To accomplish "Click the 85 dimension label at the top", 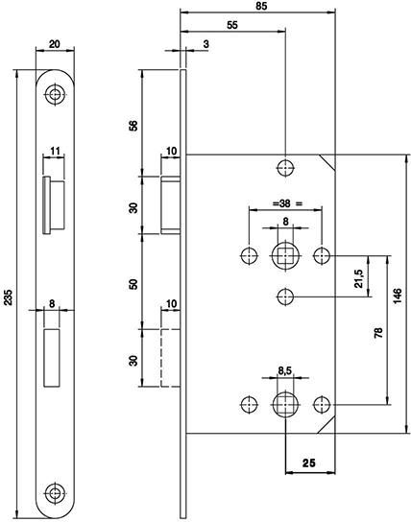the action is (262, 6).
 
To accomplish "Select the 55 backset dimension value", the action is (232, 25).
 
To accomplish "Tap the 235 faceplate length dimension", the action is (8, 297).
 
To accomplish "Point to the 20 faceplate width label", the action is (55, 43).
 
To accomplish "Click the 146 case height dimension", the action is (398, 296).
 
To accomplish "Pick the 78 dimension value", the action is (378, 333).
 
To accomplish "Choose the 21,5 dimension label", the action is (358, 278).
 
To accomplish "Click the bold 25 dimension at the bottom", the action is (308, 463).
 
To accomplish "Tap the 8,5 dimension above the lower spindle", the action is (285, 370).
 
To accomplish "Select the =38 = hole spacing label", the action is (287, 203).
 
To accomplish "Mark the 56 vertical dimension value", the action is (133, 126).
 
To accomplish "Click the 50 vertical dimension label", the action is (133, 284).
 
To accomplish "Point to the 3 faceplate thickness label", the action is (206, 43).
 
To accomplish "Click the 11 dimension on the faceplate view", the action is (55, 152).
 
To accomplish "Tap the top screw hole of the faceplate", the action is (55, 95).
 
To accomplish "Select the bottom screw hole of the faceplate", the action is (55, 492).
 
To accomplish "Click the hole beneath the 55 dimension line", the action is (285, 168).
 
